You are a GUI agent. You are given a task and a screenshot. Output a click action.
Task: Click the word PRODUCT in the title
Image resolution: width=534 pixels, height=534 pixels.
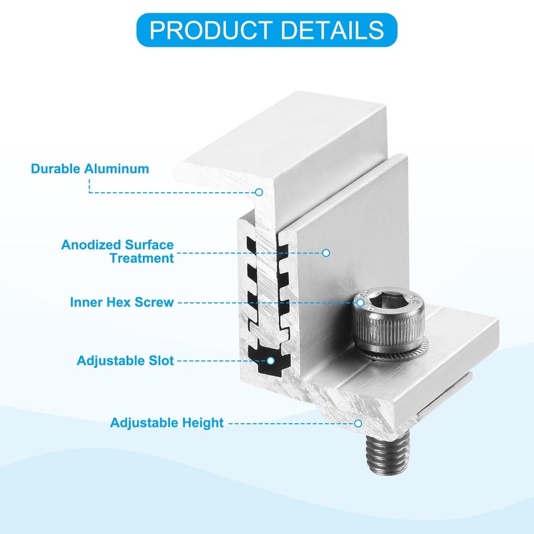click(x=209, y=29)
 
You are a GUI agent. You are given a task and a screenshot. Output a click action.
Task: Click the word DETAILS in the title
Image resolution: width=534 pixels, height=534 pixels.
click(x=330, y=29)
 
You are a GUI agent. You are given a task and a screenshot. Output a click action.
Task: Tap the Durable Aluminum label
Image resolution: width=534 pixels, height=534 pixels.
click(x=90, y=168)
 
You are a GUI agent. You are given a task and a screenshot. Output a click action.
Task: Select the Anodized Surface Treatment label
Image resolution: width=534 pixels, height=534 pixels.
click(x=117, y=252)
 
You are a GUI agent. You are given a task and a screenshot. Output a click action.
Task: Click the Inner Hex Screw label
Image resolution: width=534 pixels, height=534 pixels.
click(x=122, y=302)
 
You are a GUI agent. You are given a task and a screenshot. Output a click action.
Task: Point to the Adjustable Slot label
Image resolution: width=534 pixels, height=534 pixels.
click(x=125, y=361)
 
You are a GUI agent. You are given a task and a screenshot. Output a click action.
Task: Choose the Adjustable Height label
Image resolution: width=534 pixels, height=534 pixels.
click(x=167, y=423)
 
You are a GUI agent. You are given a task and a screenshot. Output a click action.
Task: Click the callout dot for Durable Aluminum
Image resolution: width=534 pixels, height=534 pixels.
click(x=259, y=192)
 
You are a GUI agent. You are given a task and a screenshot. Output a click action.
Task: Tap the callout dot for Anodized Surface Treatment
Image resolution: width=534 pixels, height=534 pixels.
click(x=326, y=253)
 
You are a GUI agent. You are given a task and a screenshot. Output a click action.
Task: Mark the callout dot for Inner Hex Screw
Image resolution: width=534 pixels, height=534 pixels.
click(x=360, y=302)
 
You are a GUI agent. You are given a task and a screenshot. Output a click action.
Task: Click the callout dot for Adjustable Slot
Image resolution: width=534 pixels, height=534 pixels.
click(x=271, y=361)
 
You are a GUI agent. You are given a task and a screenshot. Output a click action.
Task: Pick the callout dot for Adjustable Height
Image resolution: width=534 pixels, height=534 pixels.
click(x=359, y=423)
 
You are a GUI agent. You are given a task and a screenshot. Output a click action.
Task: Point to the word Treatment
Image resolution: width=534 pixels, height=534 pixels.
click(x=142, y=258)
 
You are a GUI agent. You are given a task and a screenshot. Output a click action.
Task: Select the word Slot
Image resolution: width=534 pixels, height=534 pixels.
click(x=161, y=361)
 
